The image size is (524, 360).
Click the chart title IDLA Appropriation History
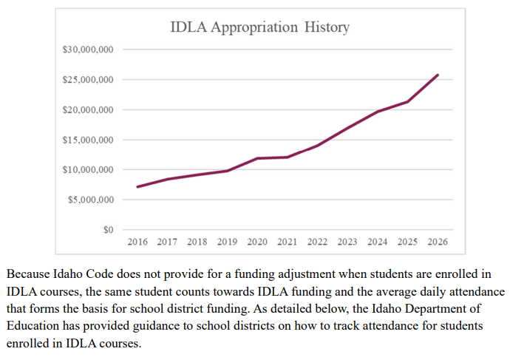pos(259,27)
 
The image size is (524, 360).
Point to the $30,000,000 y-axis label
pos(88,50)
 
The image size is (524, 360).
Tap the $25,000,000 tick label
pos(88,80)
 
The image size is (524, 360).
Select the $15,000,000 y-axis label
pos(88,140)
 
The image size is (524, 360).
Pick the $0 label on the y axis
pos(107,230)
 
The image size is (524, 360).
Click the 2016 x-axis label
pos(137,242)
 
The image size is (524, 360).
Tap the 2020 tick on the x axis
pos(257,242)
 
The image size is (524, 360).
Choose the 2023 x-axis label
pos(347,242)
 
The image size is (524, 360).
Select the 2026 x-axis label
pos(438,242)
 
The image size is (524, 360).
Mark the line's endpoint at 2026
pos(438,75)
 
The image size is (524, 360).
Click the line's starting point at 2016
pos(137,186)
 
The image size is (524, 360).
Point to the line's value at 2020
pos(257,158)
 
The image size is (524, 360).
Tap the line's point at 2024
pos(378,112)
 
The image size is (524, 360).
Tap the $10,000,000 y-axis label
pos(88,170)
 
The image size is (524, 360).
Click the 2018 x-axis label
pos(197,242)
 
